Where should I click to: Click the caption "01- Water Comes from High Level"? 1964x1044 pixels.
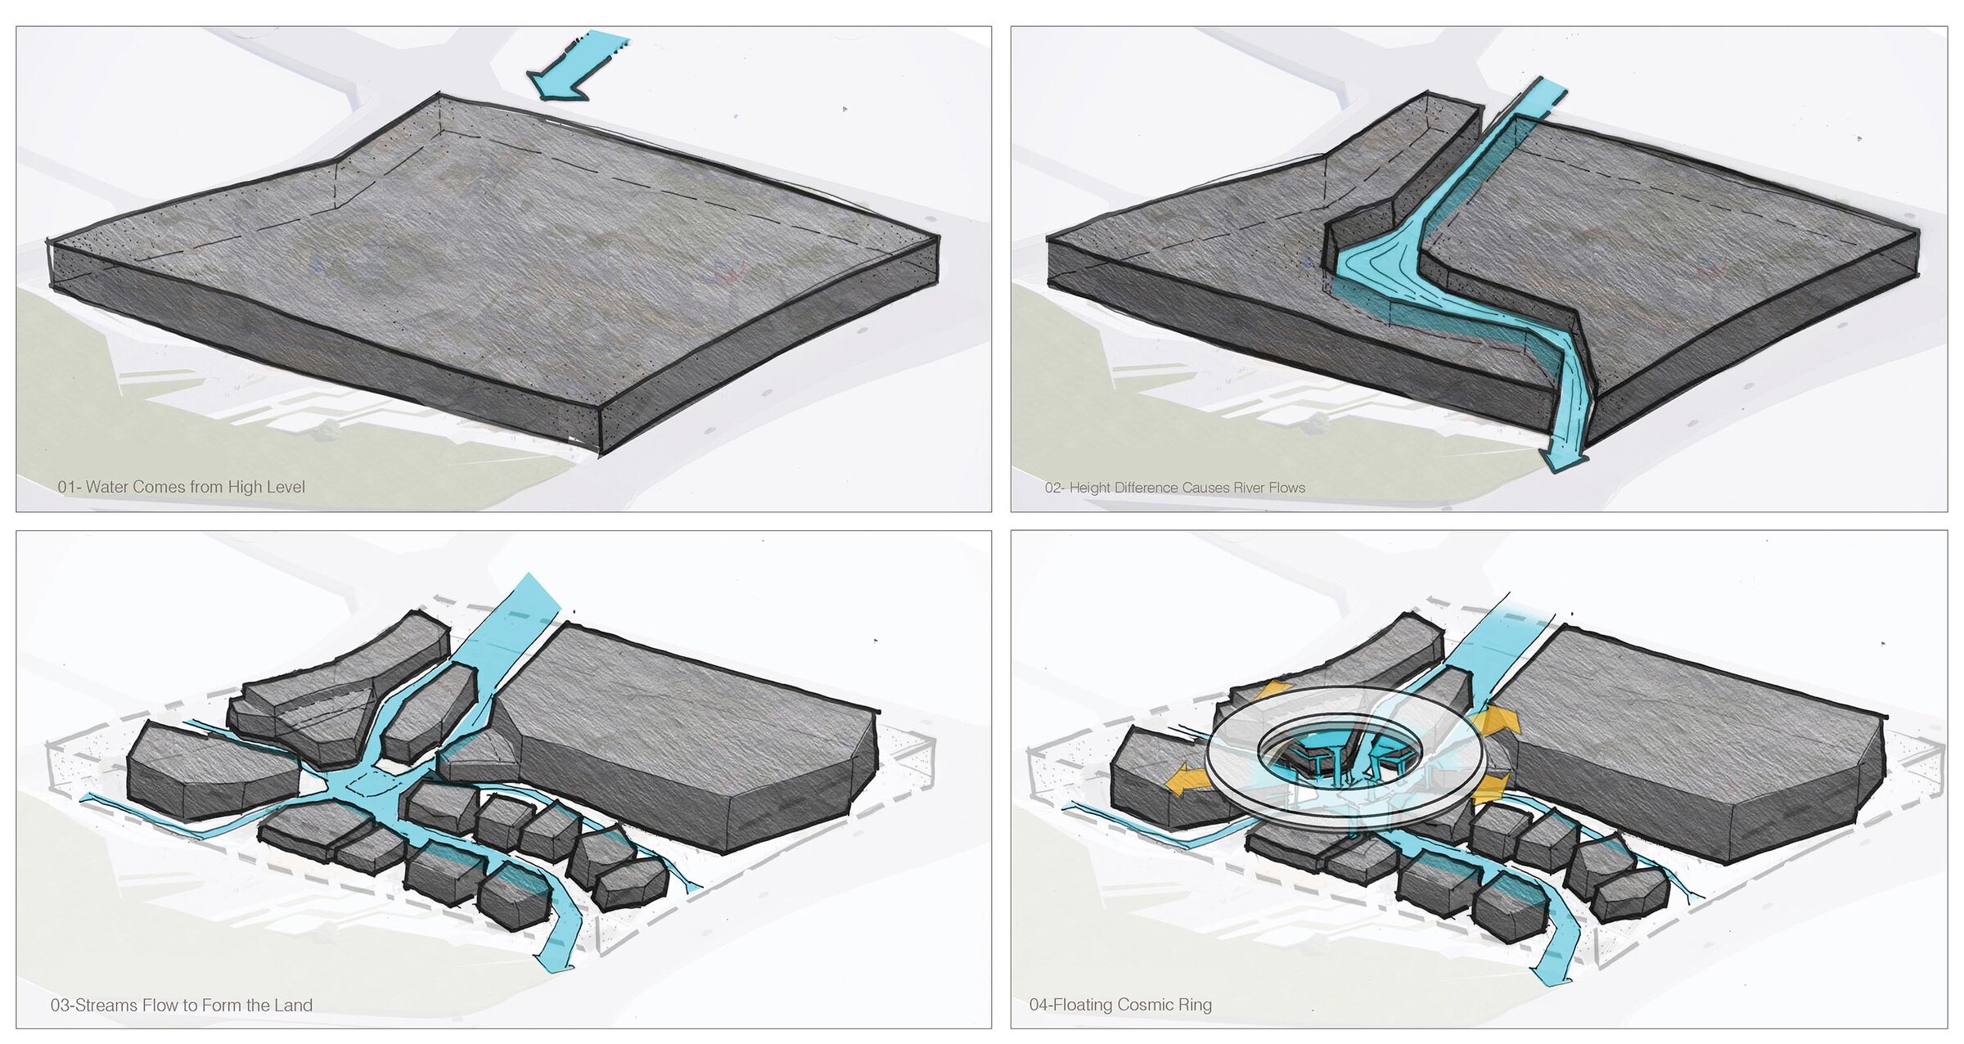click(x=181, y=487)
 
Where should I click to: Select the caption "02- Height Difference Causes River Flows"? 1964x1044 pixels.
click(x=1174, y=488)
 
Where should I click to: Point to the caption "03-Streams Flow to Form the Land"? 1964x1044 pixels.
click(x=182, y=1005)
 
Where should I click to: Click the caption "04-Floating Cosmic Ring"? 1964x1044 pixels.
click(x=1120, y=1005)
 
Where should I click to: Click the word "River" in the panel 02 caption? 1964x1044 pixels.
click(x=1246, y=488)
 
